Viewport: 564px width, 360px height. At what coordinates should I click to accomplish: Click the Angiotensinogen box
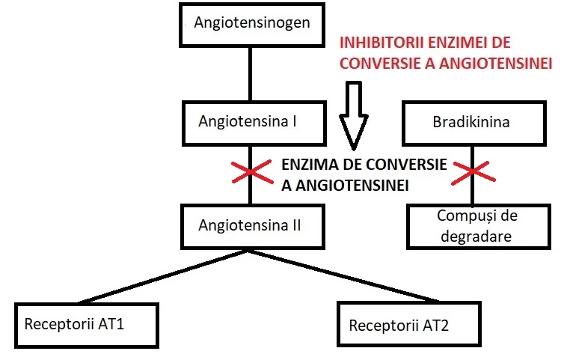click(252, 25)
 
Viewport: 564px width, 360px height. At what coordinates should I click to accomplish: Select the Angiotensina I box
click(254, 123)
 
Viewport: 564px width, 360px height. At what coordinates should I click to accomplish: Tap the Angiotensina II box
click(253, 227)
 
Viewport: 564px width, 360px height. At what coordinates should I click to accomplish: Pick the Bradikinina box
click(474, 123)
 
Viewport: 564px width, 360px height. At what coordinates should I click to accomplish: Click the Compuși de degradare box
click(479, 227)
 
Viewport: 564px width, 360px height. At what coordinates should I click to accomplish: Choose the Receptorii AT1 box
click(87, 326)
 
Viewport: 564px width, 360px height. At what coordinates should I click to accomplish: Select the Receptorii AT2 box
click(409, 324)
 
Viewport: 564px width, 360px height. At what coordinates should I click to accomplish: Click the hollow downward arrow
click(354, 116)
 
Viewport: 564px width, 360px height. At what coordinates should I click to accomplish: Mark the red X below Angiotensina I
click(251, 171)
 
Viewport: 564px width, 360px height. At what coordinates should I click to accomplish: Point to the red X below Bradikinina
click(473, 173)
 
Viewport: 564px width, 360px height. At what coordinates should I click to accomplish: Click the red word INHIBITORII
click(381, 43)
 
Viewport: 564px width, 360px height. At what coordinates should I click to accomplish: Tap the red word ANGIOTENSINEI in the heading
click(496, 64)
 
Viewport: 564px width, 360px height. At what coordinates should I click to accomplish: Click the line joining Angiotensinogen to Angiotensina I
click(251, 74)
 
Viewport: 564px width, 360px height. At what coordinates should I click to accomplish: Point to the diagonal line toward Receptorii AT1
click(163, 276)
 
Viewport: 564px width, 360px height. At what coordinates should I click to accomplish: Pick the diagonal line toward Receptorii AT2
click(343, 275)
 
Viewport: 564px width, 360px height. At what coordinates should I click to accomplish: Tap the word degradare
click(476, 237)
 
